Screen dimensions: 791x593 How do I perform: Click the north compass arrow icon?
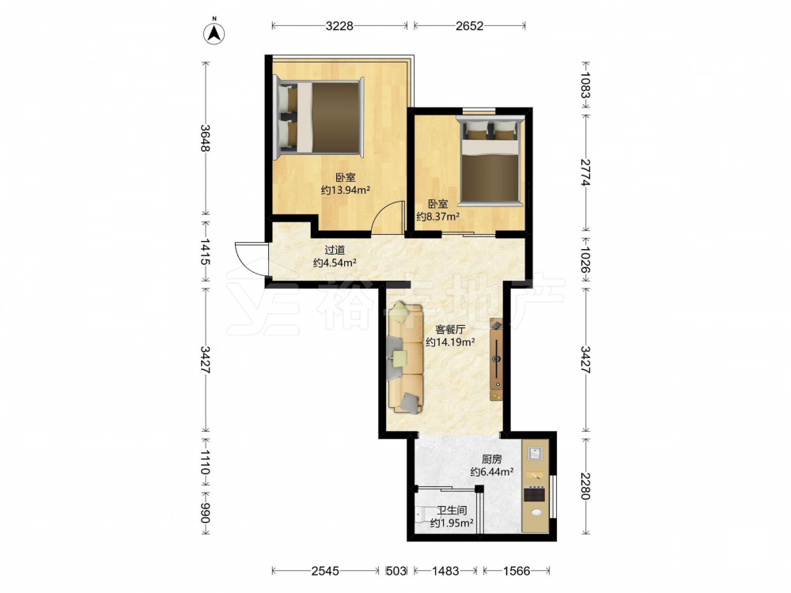click(x=214, y=32)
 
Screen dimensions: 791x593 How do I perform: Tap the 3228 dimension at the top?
click(x=339, y=26)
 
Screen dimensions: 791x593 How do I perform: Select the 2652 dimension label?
click(x=470, y=26)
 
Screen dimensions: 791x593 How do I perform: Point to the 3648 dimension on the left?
click(x=205, y=138)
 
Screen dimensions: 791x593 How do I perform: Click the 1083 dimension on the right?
click(x=585, y=85)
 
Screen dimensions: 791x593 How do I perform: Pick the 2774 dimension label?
click(x=585, y=172)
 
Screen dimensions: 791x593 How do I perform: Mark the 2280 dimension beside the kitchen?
click(x=585, y=485)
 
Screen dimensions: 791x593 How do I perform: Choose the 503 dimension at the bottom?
click(x=396, y=571)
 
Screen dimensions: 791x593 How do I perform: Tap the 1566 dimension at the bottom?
click(x=517, y=571)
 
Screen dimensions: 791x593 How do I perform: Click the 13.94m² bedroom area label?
click(x=346, y=190)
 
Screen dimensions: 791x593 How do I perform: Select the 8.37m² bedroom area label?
click(x=438, y=217)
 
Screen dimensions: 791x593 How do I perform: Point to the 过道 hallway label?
click(x=335, y=250)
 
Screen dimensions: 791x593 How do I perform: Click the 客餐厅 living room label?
click(x=450, y=330)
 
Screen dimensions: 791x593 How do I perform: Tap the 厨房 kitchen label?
click(x=492, y=459)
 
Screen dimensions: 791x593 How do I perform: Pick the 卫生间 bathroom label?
click(x=452, y=510)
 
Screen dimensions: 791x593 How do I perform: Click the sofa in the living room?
click(x=405, y=357)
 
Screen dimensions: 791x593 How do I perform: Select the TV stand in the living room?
click(x=497, y=360)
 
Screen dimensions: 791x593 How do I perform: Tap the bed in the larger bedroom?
click(x=318, y=118)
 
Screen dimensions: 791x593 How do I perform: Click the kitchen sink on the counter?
click(x=535, y=452)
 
